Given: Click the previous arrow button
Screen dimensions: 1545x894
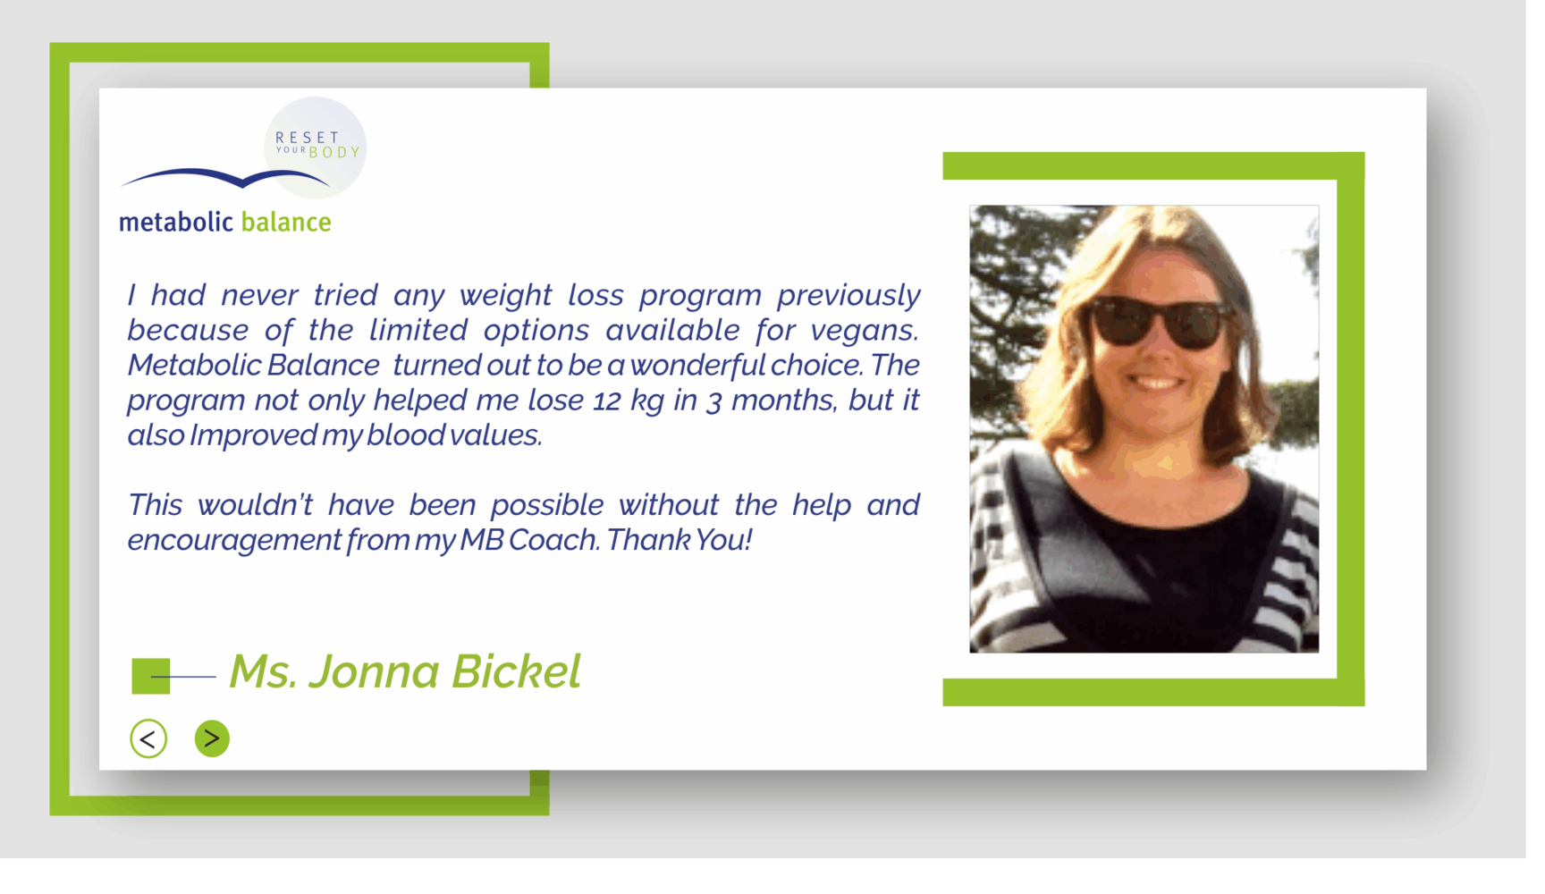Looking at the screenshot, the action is pyautogui.click(x=148, y=738).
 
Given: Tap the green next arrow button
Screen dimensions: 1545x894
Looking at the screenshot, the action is pyautogui.click(x=212, y=738).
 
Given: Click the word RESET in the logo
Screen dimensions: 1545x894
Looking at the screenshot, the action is pyautogui.click(x=308, y=137).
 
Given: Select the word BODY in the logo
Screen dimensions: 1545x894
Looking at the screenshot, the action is pyautogui.click(x=334, y=152).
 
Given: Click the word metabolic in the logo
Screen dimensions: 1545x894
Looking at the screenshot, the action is pyautogui.click(x=176, y=222).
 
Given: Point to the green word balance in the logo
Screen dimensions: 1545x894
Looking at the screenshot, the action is pyautogui.click(x=286, y=222).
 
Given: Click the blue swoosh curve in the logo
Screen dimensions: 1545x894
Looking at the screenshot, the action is pyautogui.click(x=225, y=178).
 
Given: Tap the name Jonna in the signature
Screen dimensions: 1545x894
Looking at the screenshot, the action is pyautogui.click(x=375, y=671).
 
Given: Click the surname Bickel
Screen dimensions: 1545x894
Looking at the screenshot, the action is pyautogui.click(x=516, y=671).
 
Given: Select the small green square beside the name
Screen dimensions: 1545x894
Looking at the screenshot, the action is pyautogui.click(x=151, y=676).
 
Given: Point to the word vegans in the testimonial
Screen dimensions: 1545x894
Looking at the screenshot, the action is pyautogui.click(x=865, y=331).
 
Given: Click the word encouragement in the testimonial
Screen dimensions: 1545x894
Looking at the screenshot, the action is pyautogui.click(x=234, y=541).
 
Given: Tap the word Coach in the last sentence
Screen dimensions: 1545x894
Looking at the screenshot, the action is pyautogui.click(x=554, y=540).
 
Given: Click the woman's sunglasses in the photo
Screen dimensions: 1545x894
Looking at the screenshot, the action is pyautogui.click(x=1160, y=322).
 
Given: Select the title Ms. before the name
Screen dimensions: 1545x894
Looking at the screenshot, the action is pyautogui.click(x=263, y=671).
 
